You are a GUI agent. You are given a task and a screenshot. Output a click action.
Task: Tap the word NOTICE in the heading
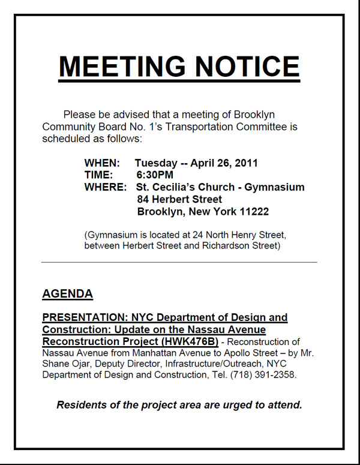(x=243, y=66)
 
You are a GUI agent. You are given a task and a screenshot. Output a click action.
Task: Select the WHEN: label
(x=102, y=163)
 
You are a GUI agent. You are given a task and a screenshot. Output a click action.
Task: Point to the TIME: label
(x=98, y=175)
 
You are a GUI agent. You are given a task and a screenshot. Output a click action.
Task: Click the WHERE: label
(x=105, y=187)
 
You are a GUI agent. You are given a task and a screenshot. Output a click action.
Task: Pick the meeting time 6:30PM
(x=155, y=175)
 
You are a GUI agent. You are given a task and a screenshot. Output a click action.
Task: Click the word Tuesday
(x=155, y=163)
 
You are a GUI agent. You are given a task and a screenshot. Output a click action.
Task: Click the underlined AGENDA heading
(x=67, y=294)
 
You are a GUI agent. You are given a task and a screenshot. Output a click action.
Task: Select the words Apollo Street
(x=265, y=353)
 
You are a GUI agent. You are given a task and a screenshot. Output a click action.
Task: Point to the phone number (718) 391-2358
(x=262, y=375)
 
